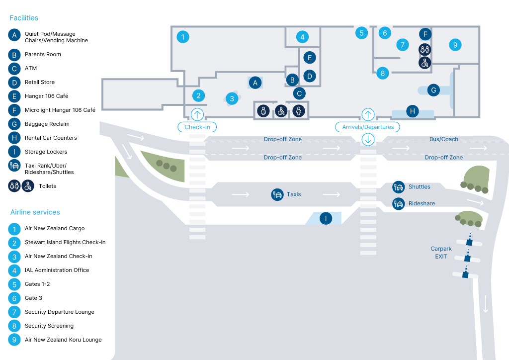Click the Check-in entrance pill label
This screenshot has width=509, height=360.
[197, 127]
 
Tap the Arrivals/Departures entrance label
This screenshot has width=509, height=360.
[367, 127]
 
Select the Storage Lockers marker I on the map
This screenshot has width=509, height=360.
[326, 218]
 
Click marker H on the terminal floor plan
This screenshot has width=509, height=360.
[412, 111]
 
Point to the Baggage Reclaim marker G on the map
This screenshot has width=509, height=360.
[433, 90]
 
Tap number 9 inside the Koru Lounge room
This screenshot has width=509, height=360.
[455, 45]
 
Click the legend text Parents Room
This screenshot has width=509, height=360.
[43, 54]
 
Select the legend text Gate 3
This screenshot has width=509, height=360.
[33, 298]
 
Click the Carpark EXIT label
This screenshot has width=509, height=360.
[441, 253]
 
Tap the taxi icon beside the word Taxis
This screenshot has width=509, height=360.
[277, 194]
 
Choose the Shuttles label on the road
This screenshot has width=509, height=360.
[419, 186]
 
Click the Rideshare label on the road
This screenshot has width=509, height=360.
[422, 203]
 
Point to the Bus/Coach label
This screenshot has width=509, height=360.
[444, 139]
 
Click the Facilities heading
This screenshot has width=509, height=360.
[24, 18]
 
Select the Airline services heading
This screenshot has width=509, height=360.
[35, 212]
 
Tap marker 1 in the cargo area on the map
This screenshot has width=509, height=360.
[183, 37]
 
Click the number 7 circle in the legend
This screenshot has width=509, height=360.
[14, 312]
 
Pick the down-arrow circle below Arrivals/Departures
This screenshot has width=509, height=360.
[368, 140]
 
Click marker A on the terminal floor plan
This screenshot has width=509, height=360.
[255, 83]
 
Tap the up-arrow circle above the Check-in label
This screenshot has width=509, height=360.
[197, 114]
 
